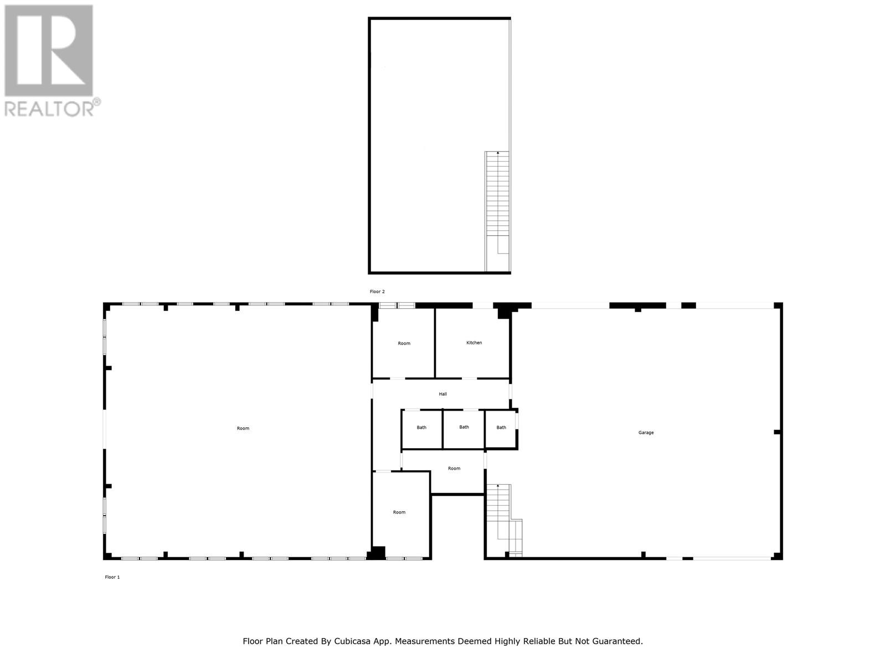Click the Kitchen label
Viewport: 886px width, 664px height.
point(474,343)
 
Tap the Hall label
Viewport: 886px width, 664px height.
point(443,394)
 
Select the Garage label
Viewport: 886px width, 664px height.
point(646,433)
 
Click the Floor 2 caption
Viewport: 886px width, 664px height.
point(378,292)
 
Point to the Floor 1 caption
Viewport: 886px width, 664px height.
point(112,577)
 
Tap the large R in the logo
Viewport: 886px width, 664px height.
point(49,50)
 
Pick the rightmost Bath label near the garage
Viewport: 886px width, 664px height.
point(501,427)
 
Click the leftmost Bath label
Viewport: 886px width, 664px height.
point(421,427)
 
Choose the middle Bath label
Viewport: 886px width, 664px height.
point(464,427)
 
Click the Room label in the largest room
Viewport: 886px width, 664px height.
point(243,428)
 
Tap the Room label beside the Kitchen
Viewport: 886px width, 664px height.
point(404,344)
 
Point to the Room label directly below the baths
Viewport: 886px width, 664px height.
point(454,469)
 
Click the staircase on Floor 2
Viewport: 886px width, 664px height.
point(497,211)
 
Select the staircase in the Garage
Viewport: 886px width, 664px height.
point(504,521)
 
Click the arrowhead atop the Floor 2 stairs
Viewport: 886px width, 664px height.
point(498,153)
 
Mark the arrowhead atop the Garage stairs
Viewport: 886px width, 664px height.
point(498,486)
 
